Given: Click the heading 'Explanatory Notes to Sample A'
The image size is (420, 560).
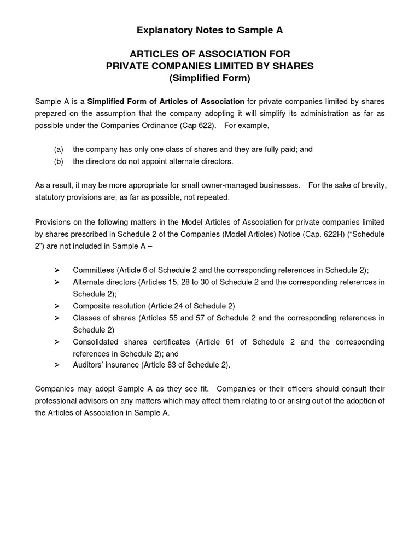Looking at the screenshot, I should point(210,31).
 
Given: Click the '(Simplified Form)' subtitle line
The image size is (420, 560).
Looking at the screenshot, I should point(210,78).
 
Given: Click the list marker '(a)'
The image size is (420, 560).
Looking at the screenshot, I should point(59,149).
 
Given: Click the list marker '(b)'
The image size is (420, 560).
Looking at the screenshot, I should point(59,161).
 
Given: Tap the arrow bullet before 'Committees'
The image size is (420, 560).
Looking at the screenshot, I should point(57,270).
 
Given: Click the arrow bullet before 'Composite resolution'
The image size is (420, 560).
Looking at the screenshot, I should point(57,306).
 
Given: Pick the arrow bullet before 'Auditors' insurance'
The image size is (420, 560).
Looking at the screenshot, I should point(57,365).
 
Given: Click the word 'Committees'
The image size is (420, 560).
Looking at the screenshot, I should point(94,270).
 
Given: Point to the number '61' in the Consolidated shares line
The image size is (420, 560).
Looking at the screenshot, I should point(226,342).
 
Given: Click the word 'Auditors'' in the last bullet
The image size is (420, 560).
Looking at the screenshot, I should point(89,365).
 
